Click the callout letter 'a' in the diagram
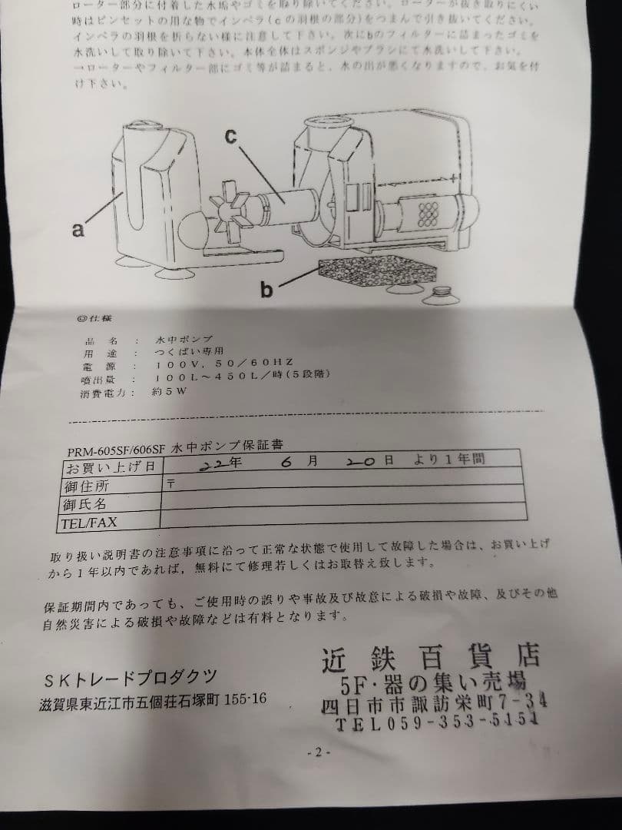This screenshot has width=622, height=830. (x=78, y=229)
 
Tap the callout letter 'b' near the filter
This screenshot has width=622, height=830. (x=266, y=290)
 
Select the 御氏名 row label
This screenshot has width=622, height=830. (x=84, y=505)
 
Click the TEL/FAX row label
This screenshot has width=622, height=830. (x=88, y=524)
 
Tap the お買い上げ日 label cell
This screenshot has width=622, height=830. (x=112, y=467)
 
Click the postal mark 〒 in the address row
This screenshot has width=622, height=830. (x=170, y=483)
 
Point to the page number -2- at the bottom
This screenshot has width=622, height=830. (x=317, y=752)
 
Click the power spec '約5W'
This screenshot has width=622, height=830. (x=170, y=391)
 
